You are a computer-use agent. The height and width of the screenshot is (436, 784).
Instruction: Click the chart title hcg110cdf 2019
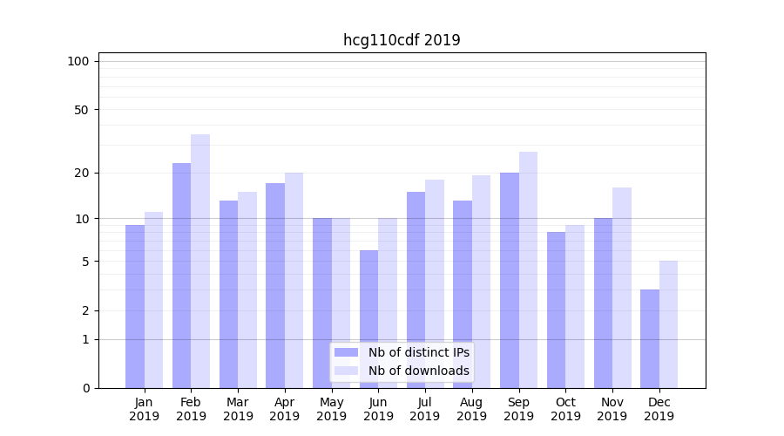[x=402, y=40]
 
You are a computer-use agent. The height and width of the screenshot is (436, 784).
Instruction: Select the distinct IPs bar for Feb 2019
[x=181, y=275]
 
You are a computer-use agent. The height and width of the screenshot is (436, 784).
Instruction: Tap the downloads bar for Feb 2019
[x=200, y=262]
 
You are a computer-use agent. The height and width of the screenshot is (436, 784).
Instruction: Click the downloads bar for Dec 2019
[x=669, y=324]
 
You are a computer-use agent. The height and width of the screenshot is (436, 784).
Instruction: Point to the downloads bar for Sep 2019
[x=528, y=270]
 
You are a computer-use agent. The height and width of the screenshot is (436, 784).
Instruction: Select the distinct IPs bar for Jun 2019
[x=368, y=319]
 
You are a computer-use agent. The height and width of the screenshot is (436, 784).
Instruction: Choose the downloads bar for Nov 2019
[x=622, y=288]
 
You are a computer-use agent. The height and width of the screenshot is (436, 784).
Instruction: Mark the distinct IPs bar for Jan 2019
[x=135, y=306]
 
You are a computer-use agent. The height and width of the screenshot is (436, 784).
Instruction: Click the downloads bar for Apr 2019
[x=294, y=280]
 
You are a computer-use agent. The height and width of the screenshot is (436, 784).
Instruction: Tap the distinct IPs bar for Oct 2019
[x=556, y=310]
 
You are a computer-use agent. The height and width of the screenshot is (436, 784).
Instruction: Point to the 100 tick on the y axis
[x=78, y=61]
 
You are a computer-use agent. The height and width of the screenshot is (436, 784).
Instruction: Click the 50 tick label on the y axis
[x=81, y=110]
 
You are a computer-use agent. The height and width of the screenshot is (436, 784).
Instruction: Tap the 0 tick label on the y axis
[x=85, y=388]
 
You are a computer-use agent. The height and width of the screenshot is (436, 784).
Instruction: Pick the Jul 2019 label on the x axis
[x=425, y=409]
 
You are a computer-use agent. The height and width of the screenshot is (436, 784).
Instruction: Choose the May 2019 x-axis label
[x=331, y=409]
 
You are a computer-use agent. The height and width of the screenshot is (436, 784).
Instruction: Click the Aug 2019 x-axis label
[x=472, y=409]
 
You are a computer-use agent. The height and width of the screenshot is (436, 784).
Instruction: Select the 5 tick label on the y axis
[x=85, y=262]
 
